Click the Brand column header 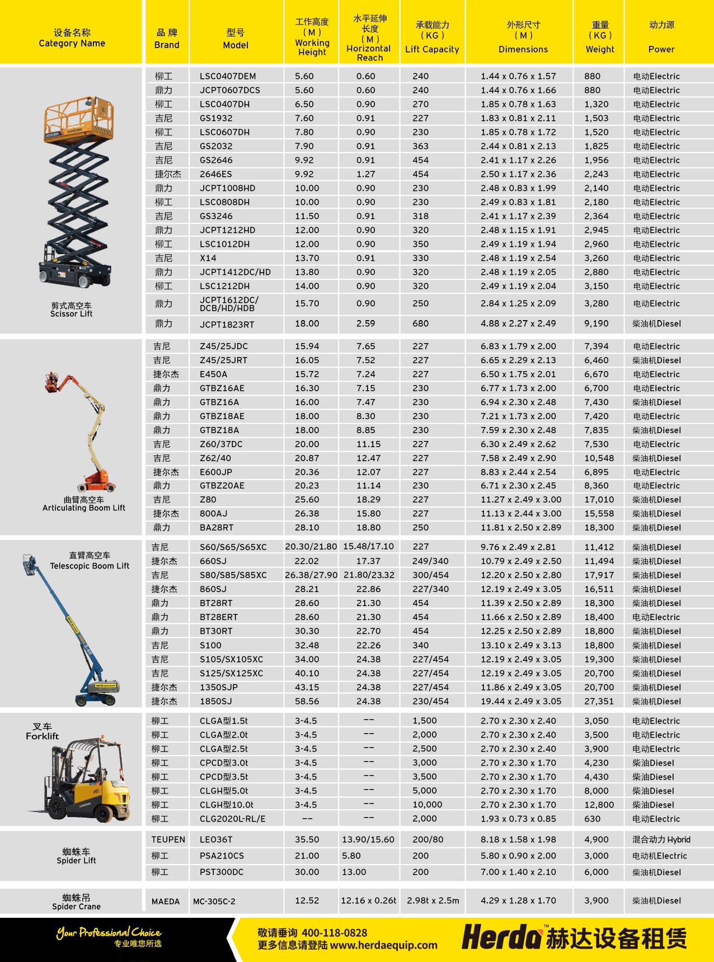[167, 38]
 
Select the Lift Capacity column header [432, 37]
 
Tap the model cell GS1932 [216, 118]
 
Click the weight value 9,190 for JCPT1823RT [596, 323]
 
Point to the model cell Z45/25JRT [223, 360]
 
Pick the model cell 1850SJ [215, 701]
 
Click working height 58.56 [307, 701]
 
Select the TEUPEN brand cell [168, 839]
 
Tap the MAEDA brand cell [166, 902]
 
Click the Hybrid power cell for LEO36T [661, 839]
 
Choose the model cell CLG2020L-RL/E [233, 819]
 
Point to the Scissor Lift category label [71, 310]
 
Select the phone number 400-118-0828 [334, 933]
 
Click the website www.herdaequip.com [383, 945]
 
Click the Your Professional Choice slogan [109, 932]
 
